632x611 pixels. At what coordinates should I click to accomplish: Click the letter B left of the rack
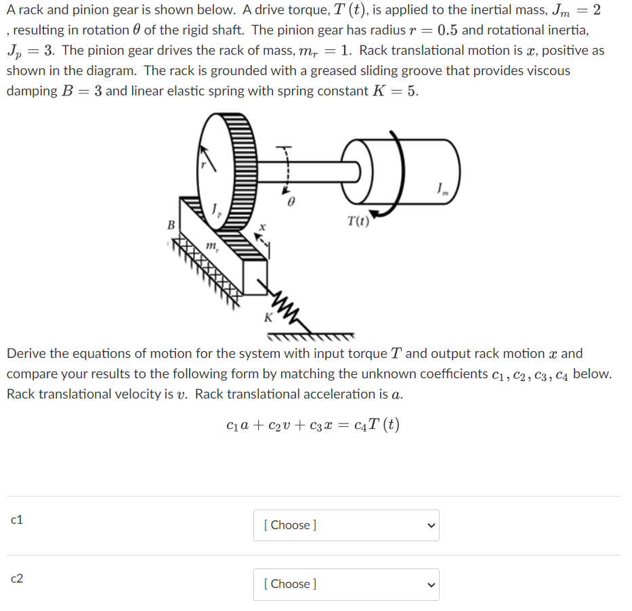tap(171, 224)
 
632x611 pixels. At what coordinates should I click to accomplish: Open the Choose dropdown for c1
tap(346, 525)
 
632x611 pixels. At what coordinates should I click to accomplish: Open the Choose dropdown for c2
tap(346, 584)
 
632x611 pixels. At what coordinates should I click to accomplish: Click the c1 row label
tap(18, 520)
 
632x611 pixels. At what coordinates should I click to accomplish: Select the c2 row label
tap(18, 579)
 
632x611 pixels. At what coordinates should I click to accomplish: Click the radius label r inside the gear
tap(201, 164)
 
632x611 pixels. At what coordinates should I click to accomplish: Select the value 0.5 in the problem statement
tap(451, 30)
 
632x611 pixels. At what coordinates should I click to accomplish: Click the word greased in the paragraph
tap(357, 70)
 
